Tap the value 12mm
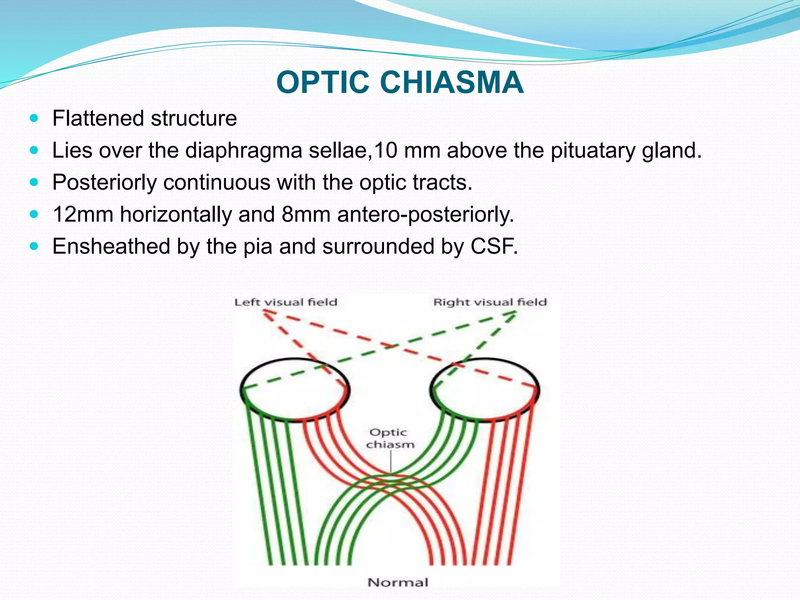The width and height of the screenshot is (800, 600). pyautogui.click(x=83, y=214)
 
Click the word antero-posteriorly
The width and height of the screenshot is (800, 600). pyautogui.click(x=425, y=214)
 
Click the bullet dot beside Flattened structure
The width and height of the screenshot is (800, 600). pyautogui.click(x=34, y=118)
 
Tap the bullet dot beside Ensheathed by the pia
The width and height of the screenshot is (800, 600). pyautogui.click(x=34, y=246)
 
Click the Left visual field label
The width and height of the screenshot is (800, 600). pyautogui.click(x=286, y=302)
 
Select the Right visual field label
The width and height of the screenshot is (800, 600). pyautogui.click(x=490, y=302)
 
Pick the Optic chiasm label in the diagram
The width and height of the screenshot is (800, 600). pyautogui.click(x=390, y=438)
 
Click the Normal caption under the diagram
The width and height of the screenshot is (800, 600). pyautogui.click(x=398, y=582)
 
